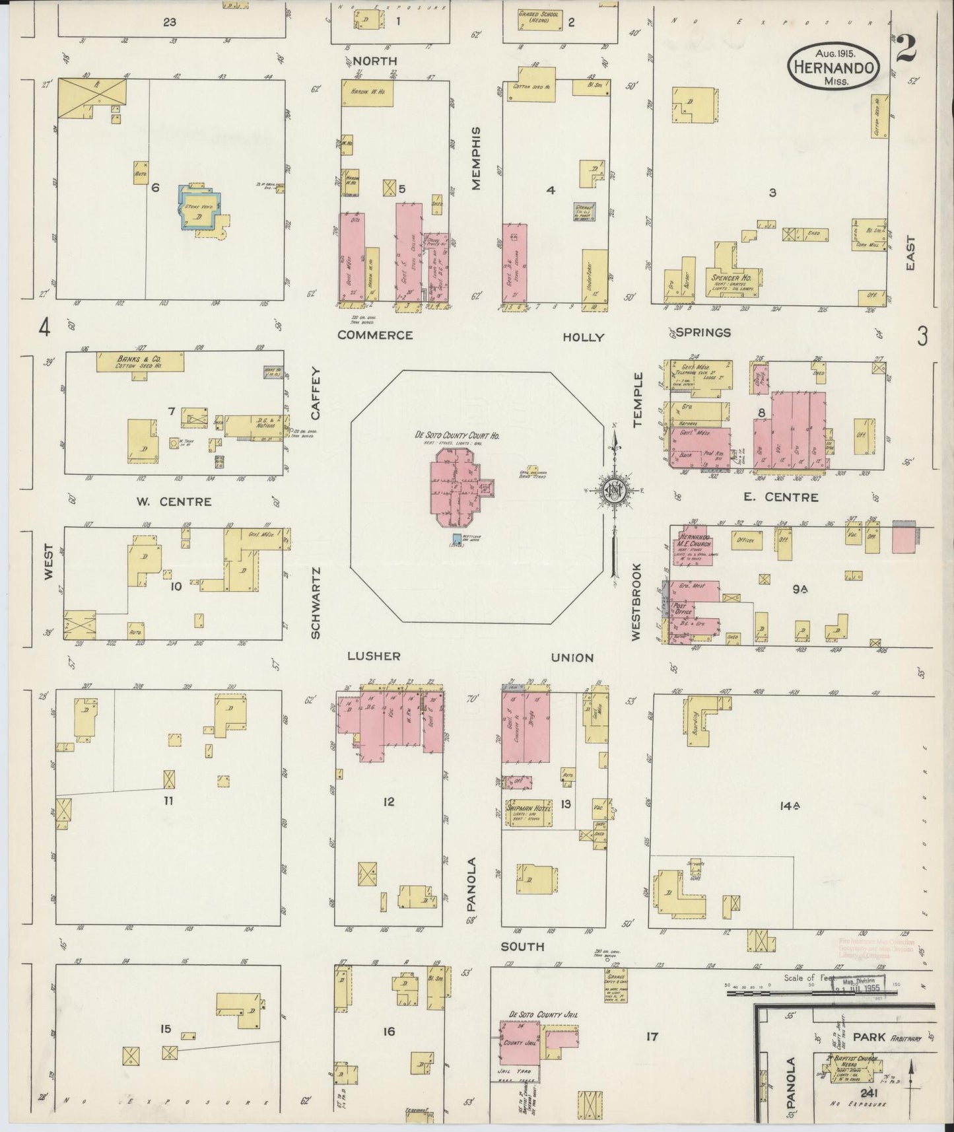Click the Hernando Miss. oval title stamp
pos(834,67)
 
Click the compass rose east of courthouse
pos(613,490)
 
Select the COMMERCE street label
pos(375,335)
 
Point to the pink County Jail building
pos(518,1043)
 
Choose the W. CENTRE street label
pos(174,502)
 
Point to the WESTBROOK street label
pos(636,601)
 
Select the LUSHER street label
pos(374,656)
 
